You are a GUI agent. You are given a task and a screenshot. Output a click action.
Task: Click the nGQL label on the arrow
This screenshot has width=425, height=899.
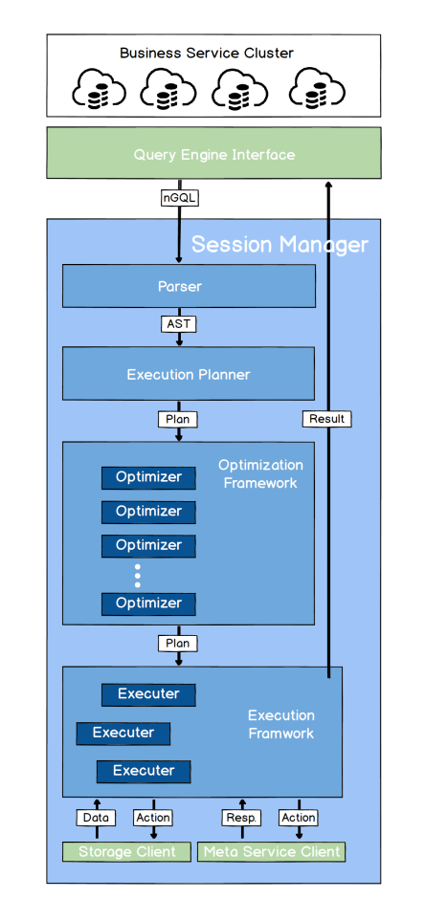click(180, 198)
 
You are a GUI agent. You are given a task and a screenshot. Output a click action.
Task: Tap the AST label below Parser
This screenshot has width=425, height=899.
click(178, 324)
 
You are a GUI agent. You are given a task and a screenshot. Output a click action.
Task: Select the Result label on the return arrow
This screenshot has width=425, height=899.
click(327, 419)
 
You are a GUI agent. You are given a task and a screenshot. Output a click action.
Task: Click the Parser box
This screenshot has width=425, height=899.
click(189, 286)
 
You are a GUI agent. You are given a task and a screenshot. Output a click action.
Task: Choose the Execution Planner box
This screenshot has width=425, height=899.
click(189, 374)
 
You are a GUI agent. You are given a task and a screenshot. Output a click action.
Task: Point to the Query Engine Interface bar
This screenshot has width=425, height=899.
click(213, 153)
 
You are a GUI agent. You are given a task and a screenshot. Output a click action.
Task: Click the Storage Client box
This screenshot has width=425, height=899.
click(126, 851)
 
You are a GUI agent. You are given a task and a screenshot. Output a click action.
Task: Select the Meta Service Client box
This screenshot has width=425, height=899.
click(272, 851)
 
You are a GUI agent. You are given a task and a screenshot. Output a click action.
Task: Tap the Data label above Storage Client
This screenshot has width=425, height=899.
click(96, 818)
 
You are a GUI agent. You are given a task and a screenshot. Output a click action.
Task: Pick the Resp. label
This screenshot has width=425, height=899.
click(241, 818)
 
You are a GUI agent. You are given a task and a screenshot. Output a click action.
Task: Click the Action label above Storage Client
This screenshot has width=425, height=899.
click(153, 818)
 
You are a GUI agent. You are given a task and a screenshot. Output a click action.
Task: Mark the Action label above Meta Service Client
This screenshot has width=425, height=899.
click(299, 818)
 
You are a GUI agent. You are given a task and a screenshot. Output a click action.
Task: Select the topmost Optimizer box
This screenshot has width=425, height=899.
click(148, 477)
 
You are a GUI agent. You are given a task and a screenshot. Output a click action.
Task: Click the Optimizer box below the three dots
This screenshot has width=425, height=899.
click(148, 603)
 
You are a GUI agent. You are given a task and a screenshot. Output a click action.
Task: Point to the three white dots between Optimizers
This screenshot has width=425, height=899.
click(138, 576)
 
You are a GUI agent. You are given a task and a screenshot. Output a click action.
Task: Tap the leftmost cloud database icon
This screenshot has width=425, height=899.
click(99, 89)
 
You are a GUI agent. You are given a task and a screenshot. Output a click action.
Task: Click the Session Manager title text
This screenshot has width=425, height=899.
click(280, 245)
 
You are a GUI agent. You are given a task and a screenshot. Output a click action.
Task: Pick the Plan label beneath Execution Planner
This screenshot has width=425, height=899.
click(178, 419)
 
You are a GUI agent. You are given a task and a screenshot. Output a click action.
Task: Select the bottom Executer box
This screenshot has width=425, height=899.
click(144, 771)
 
